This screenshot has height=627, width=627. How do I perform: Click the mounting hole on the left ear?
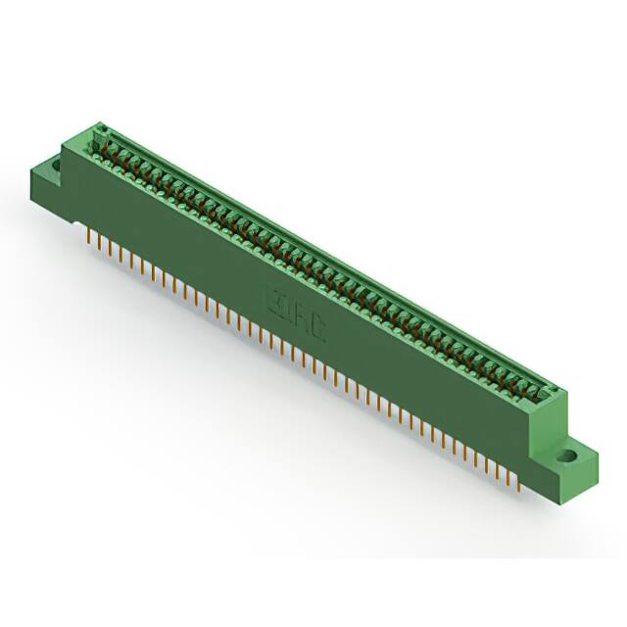tap(54, 166)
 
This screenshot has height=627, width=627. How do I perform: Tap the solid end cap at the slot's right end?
tap(550, 395)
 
